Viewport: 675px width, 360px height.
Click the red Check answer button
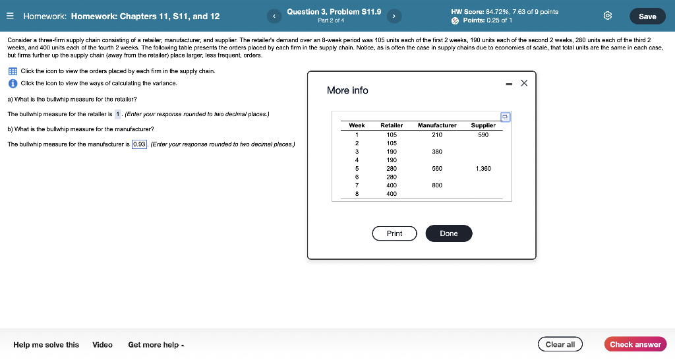(635, 344)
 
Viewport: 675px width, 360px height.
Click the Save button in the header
(647, 16)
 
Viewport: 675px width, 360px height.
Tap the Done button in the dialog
(448, 233)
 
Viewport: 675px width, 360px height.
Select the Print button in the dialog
(394, 233)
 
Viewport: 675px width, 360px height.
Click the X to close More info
(524, 83)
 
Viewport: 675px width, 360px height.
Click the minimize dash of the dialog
(509, 83)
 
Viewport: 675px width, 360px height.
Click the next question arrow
(394, 16)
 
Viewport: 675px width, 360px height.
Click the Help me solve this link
(46, 344)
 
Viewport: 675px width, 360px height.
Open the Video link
(102, 344)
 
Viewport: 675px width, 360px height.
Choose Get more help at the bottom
(156, 344)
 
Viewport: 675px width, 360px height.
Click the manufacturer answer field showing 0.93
(140, 144)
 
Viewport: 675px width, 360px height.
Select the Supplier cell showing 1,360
(483, 169)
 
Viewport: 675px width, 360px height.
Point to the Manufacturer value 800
(437, 185)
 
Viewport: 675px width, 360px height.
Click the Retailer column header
(392, 125)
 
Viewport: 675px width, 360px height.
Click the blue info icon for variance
(13, 84)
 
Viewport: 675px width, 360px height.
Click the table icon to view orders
(13, 71)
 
